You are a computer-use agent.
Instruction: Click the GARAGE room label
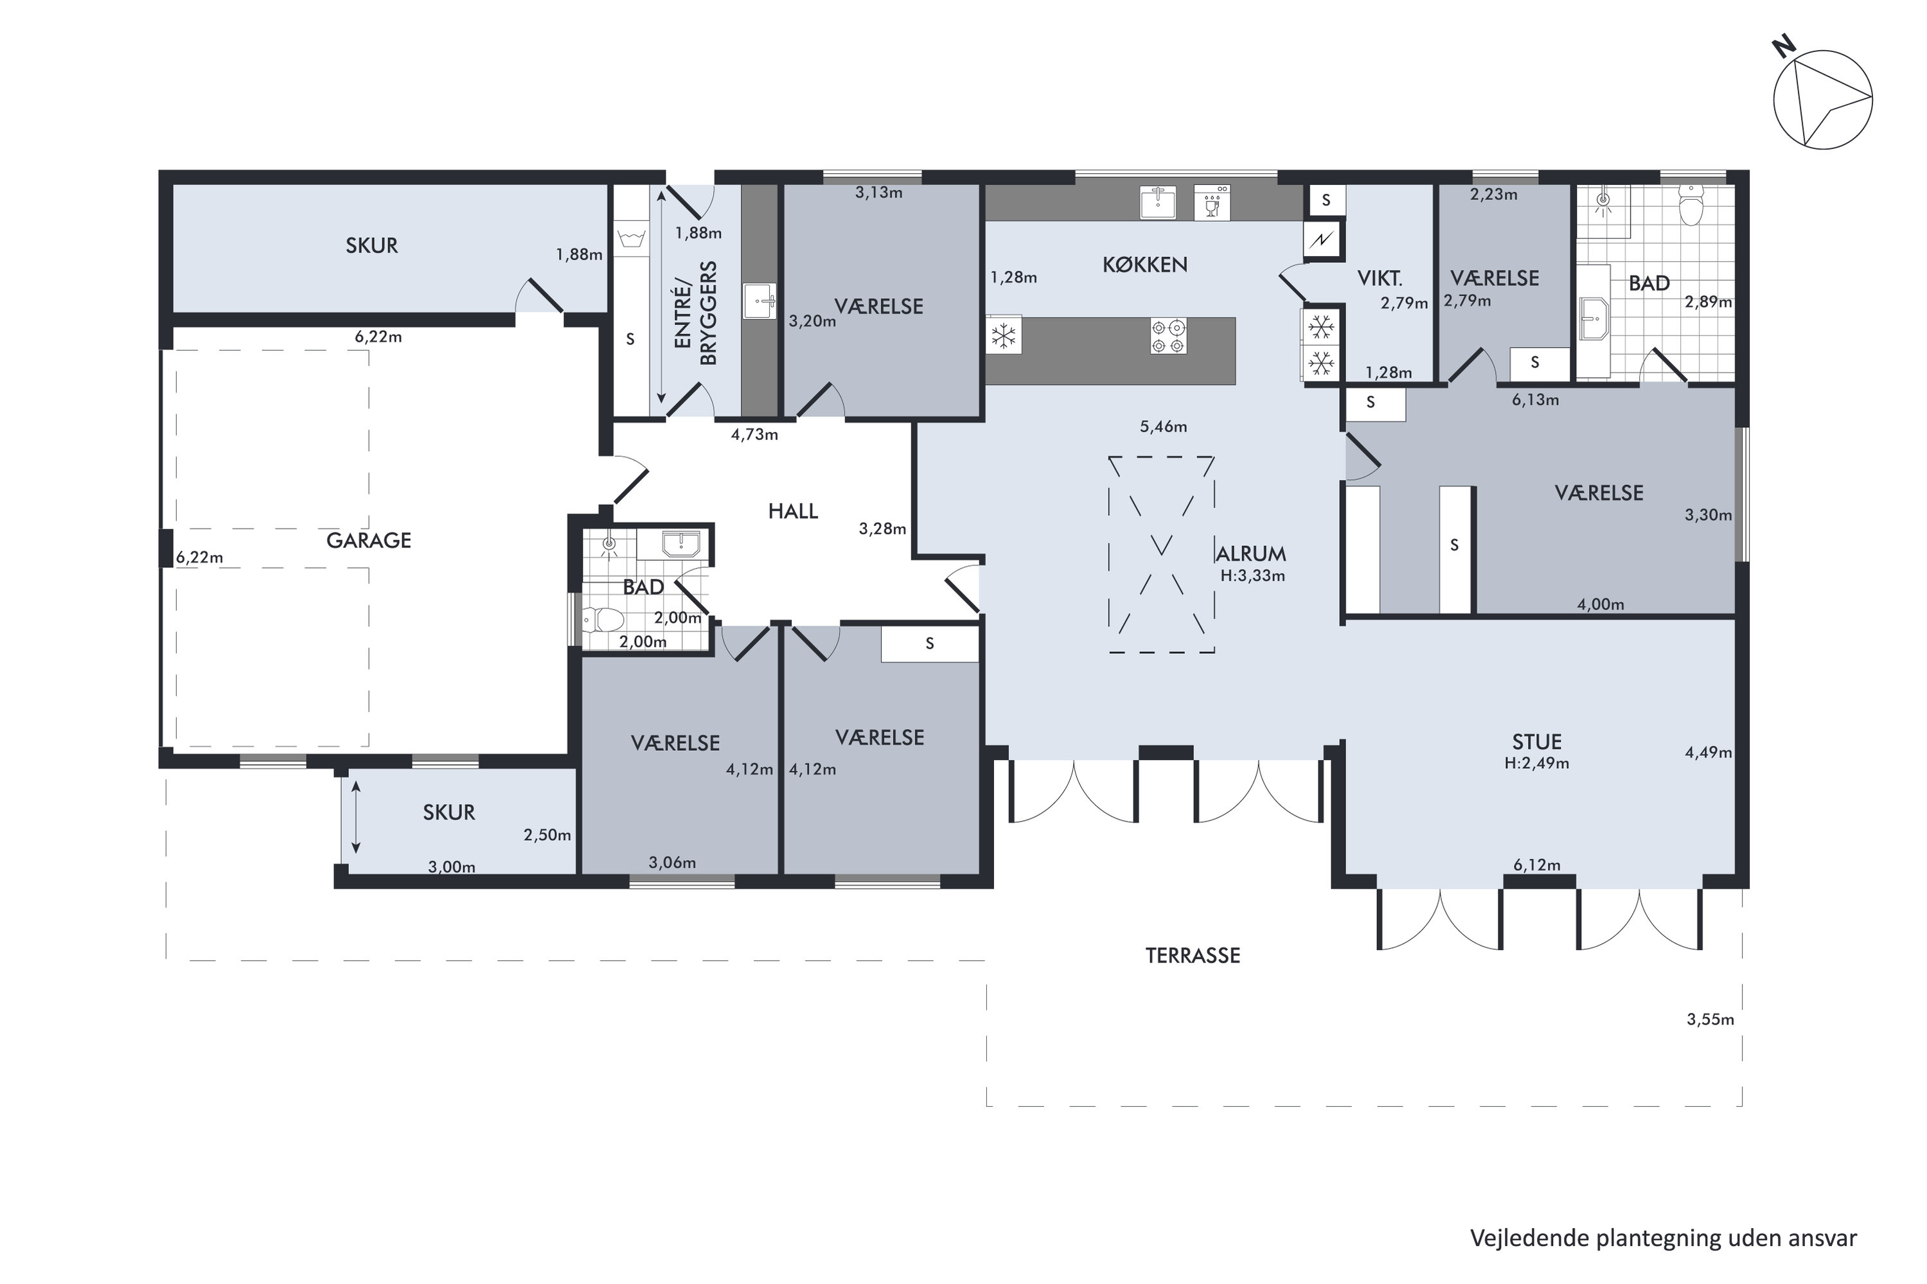point(369,540)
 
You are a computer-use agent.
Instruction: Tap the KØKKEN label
point(1144,265)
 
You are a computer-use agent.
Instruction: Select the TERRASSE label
point(1193,956)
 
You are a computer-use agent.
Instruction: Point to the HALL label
point(793,512)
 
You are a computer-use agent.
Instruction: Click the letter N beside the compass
point(1784,48)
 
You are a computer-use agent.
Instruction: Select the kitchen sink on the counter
point(1157,202)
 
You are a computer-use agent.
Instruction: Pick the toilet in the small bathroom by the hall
point(602,619)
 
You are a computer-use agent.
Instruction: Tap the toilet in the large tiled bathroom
point(1691,205)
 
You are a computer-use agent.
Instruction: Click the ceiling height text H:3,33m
point(1252,576)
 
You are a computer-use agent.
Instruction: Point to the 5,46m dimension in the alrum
point(1163,427)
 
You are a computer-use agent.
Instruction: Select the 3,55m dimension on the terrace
point(1710,1019)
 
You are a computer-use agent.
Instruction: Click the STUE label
point(1536,742)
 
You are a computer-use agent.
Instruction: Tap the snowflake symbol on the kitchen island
point(1003,335)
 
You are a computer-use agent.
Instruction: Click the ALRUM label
point(1250,554)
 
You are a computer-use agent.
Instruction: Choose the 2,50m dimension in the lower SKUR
point(547,835)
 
